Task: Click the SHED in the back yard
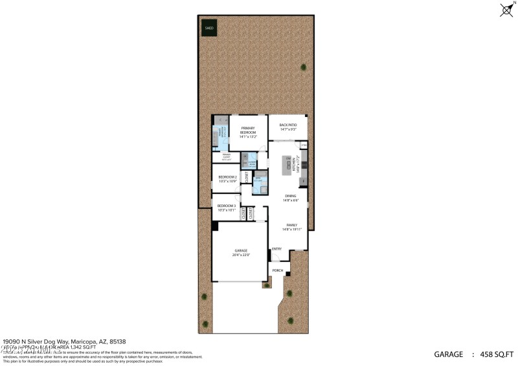tap(209, 28)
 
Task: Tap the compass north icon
tap(506, 9)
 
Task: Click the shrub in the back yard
tap(303, 67)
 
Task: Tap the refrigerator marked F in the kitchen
tap(304, 180)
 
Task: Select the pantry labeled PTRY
tap(304, 145)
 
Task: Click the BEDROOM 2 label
tap(227, 178)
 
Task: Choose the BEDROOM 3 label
tap(227, 208)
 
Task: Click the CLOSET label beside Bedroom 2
tap(247, 177)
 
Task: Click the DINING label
tap(290, 199)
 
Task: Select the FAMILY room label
tap(290, 227)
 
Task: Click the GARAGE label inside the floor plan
tap(240, 252)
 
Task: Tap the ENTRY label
tap(276, 249)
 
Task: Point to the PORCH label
tap(277, 270)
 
